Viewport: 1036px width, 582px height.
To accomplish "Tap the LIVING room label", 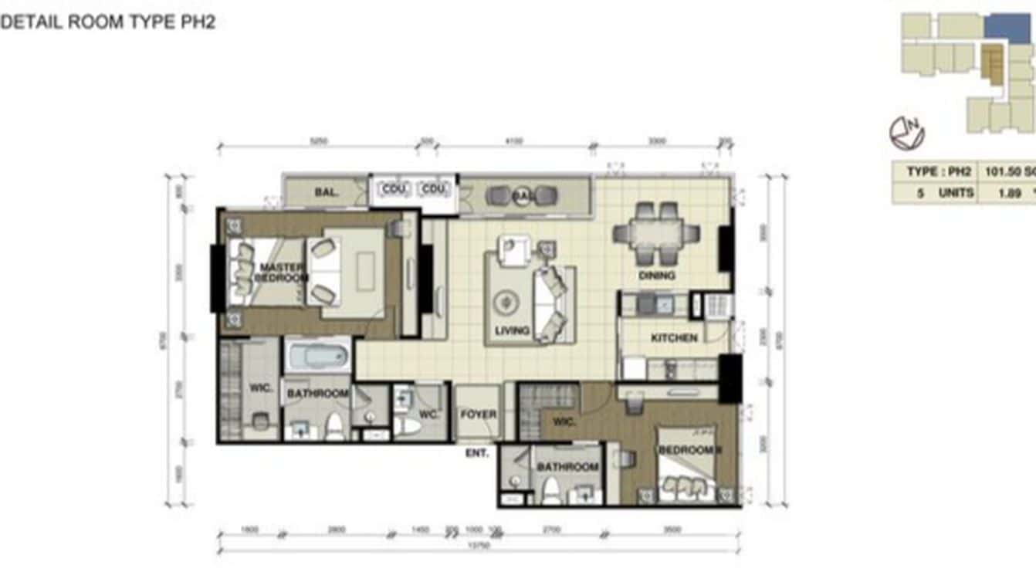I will (512, 331).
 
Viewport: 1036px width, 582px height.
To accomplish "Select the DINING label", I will (657, 276).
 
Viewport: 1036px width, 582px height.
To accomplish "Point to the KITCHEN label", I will (674, 338).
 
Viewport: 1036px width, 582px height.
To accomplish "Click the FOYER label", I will (479, 415).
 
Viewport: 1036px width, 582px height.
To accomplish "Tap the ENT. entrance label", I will (477, 453).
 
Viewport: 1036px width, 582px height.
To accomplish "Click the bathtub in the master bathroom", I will (318, 357).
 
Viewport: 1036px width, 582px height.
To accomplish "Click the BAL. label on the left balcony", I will (326, 192).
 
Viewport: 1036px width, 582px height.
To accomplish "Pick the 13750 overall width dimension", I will (479, 546).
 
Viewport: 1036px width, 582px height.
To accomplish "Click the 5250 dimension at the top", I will (319, 141).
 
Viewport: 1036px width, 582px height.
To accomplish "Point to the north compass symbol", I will (907, 133).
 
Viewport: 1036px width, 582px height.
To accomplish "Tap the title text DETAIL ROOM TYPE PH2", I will (108, 22).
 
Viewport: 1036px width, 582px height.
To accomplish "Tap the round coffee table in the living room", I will (507, 301).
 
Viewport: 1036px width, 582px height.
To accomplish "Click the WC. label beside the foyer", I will (429, 415).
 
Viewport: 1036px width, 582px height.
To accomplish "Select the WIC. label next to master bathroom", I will (261, 388).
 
